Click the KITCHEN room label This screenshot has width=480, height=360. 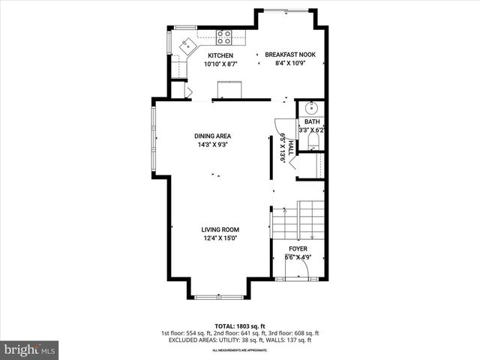[x=220, y=55]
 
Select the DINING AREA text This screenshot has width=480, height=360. [x=212, y=136]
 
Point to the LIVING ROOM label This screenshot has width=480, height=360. [x=220, y=229]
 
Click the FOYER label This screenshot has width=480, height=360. [x=298, y=249]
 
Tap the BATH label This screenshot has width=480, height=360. [x=312, y=121]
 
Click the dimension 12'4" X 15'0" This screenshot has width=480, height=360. [x=220, y=238]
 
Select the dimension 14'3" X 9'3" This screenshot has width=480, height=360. [x=211, y=145]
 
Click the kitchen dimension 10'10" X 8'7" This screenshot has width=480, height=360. [x=220, y=64]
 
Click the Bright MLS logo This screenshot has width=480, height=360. [x=30, y=349]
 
